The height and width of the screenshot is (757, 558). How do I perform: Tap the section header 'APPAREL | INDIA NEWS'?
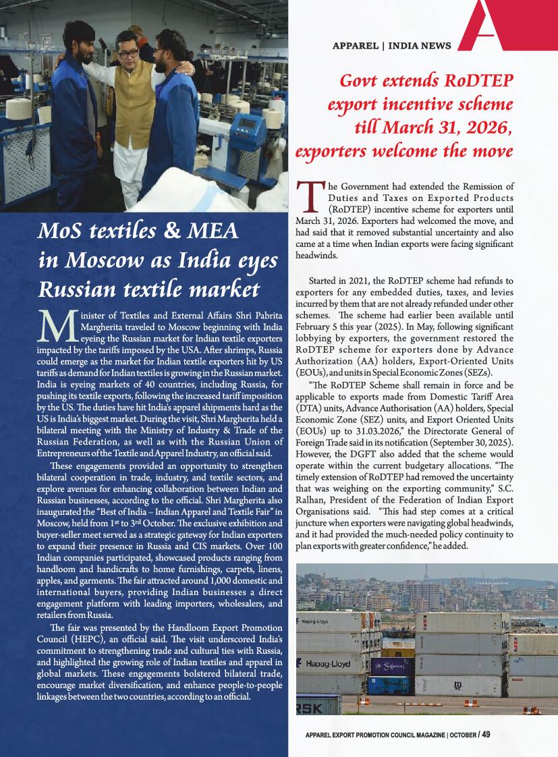(391, 46)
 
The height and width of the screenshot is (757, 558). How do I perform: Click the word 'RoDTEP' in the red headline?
(474, 82)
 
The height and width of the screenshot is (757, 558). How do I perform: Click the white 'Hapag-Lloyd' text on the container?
(328, 664)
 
